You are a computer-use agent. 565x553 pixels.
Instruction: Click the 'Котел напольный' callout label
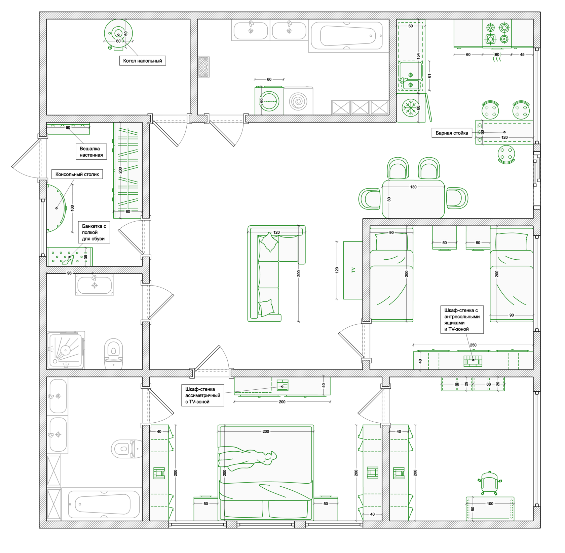click(142, 61)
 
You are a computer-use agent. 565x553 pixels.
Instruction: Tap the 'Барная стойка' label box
click(452, 133)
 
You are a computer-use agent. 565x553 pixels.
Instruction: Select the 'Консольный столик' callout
click(77, 174)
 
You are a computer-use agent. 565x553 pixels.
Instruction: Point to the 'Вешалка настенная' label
click(91, 152)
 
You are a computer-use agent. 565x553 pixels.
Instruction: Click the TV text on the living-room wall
click(353, 270)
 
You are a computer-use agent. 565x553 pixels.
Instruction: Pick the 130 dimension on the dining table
click(413, 187)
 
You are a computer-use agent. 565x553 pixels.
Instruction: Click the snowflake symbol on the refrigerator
click(410, 108)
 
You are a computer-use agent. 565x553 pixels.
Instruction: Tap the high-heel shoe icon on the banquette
click(68, 260)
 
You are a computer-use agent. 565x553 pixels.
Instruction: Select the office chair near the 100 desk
click(489, 482)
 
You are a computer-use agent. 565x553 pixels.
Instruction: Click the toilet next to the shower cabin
click(114, 354)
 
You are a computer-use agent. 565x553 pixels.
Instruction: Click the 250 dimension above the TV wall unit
click(473, 345)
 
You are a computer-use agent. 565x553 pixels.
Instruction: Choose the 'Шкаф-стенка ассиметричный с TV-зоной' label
click(202, 395)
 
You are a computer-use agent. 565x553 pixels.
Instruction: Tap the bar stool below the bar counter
click(506, 155)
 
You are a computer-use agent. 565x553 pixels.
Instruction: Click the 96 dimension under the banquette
click(69, 273)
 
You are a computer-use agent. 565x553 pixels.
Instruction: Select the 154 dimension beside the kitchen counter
click(418, 56)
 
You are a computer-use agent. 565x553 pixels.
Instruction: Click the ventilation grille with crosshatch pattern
click(203, 67)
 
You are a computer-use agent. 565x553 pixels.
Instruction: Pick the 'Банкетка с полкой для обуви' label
click(94, 232)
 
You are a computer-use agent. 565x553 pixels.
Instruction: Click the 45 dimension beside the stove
click(522, 55)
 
